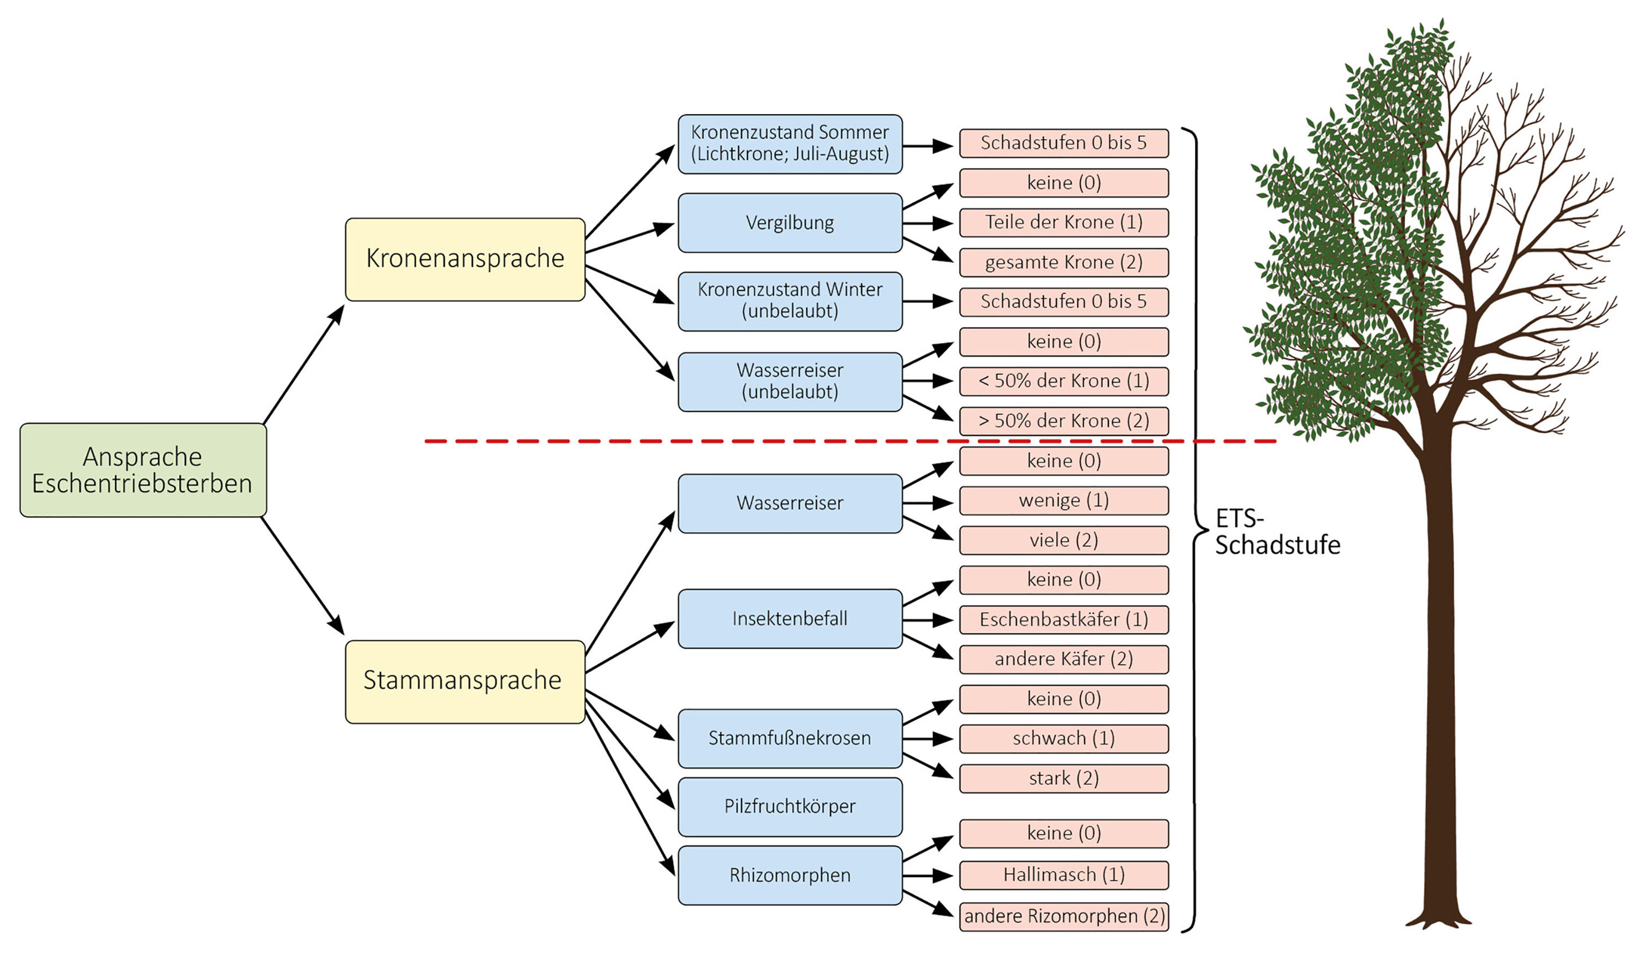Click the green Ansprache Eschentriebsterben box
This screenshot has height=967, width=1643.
(x=143, y=470)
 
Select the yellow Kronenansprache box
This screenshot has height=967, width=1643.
(x=465, y=259)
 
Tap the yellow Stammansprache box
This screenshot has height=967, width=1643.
(x=465, y=681)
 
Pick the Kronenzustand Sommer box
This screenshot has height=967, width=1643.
(x=790, y=144)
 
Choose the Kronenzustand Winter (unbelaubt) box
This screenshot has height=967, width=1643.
(x=790, y=301)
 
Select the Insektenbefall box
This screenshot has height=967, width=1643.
(x=790, y=618)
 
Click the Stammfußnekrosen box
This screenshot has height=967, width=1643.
(x=790, y=738)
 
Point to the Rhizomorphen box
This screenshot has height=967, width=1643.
(x=790, y=875)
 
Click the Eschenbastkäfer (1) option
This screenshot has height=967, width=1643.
(x=1064, y=619)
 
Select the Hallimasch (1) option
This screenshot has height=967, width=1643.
(x=1064, y=875)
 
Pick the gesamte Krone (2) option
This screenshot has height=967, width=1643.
(x=1064, y=262)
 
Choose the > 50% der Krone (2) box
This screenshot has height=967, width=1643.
(x=1064, y=421)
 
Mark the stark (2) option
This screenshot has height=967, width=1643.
(x=1064, y=779)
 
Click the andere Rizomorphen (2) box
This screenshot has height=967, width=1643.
(x=1064, y=916)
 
